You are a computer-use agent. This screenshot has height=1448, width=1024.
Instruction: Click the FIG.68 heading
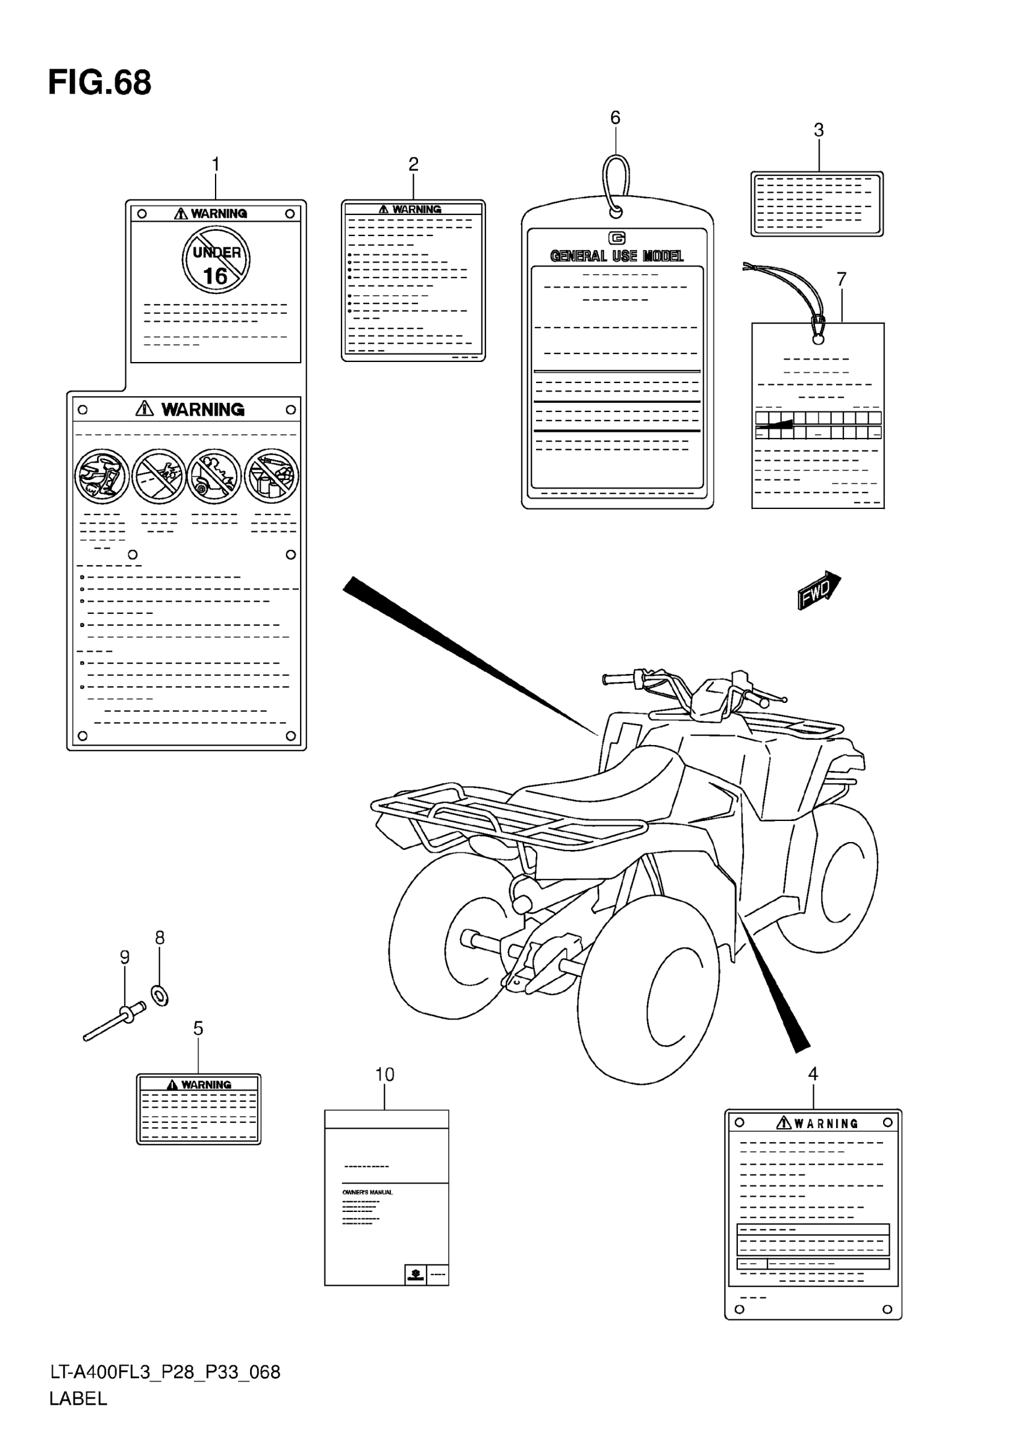click(x=99, y=83)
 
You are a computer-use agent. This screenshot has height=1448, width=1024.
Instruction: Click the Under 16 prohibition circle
click(x=216, y=259)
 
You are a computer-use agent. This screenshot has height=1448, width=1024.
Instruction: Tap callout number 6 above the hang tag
click(x=615, y=118)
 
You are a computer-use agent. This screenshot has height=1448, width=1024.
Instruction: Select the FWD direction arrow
click(x=819, y=590)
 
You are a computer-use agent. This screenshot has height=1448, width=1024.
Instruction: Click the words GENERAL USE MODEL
click(x=617, y=256)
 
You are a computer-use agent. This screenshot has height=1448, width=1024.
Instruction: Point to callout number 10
click(x=384, y=1075)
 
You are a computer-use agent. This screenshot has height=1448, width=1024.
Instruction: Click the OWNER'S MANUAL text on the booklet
click(x=367, y=1192)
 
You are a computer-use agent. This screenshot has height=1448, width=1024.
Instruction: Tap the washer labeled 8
click(x=160, y=996)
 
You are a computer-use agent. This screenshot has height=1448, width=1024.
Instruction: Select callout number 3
click(x=819, y=130)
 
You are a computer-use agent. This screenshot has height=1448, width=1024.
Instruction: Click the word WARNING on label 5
click(x=205, y=1085)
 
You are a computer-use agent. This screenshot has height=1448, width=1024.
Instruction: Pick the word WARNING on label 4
click(x=825, y=1123)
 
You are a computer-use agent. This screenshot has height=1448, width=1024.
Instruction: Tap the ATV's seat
click(x=605, y=782)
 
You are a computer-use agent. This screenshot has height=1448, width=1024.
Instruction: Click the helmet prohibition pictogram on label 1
click(x=102, y=475)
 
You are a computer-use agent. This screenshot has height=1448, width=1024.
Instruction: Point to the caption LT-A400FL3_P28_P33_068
click(x=165, y=1372)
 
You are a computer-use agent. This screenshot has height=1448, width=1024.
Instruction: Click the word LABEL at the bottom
click(x=78, y=1398)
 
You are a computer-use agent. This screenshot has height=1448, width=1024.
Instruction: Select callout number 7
click(x=841, y=279)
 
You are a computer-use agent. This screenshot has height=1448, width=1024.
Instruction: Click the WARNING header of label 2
click(x=416, y=210)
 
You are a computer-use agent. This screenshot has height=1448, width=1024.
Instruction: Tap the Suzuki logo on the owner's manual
click(x=415, y=1275)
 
